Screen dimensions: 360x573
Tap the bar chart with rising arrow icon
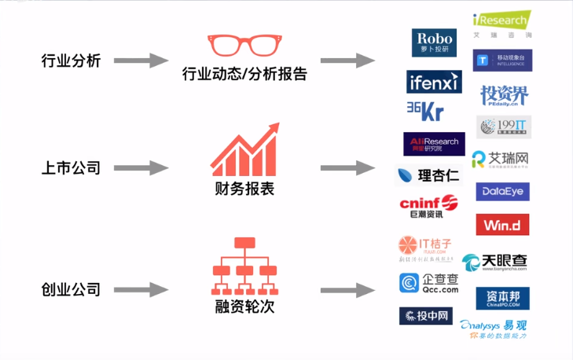tap(244, 149)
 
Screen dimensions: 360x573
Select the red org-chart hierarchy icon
tap(244, 264)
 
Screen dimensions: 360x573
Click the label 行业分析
tap(71, 61)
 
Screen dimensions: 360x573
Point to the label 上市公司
tap(71, 167)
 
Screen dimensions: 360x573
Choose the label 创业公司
tap(71, 289)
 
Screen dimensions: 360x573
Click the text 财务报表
tap(244, 189)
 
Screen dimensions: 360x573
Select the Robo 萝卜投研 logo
tap(434, 42)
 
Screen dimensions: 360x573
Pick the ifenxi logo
tap(434, 82)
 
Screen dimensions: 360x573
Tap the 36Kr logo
tap(425, 112)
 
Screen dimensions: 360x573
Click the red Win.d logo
tap(502, 225)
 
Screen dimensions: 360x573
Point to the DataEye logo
tap(502, 192)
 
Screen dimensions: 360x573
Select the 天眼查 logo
tap(495, 263)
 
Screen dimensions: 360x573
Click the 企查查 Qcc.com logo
tap(429, 284)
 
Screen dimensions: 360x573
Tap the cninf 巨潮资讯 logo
tap(429, 207)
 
